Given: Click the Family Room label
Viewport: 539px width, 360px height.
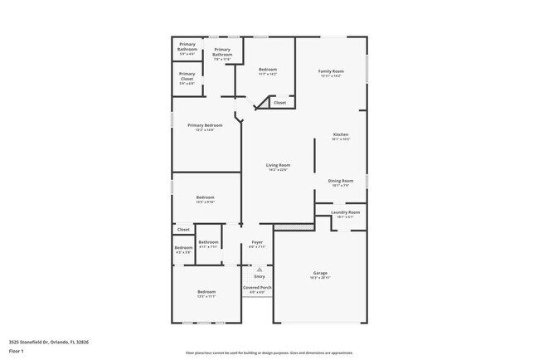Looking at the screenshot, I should (x=331, y=71).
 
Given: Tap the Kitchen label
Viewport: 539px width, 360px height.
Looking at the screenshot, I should (x=341, y=134).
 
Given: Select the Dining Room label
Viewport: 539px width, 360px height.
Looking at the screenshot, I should (x=342, y=181).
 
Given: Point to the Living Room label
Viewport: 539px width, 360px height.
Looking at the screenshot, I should (x=278, y=165).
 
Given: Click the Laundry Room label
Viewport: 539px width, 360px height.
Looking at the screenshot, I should (x=345, y=212).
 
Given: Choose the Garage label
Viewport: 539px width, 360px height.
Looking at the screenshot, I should (x=320, y=273).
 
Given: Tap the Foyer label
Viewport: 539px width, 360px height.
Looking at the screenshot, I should (x=258, y=242).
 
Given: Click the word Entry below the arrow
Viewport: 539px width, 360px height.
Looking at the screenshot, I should (x=259, y=276).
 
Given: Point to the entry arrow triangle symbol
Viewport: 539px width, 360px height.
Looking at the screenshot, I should (x=259, y=269).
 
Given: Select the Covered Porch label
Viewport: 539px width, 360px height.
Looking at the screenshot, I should (x=258, y=287).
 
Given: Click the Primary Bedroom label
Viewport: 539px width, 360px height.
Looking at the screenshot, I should (x=206, y=125).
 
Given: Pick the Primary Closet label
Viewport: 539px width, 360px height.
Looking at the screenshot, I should (x=187, y=74).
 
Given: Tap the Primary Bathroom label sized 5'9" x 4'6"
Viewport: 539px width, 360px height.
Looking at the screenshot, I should (x=187, y=46).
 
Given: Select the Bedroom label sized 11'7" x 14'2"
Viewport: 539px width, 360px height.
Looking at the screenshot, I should (x=267, y=70).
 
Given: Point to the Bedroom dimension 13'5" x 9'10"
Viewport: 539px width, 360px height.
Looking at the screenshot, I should (x=206, y=202).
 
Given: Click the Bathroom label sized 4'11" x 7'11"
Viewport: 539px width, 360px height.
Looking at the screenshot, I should (x=208, y=242).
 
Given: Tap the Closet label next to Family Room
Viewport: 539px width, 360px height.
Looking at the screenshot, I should (x=279, y=103).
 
